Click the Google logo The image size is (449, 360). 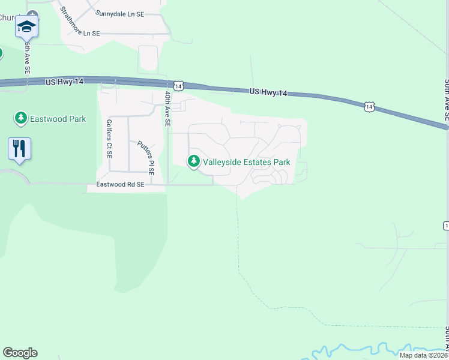coord(20,353)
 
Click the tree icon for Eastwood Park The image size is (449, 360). coord(22,118)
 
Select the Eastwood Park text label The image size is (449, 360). coord(58,119)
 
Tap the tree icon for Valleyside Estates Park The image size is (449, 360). coord(194,161)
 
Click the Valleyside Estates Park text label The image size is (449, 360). coord(247,162)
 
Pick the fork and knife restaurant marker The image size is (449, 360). coord(20,149)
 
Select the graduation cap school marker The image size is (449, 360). coord(26,26)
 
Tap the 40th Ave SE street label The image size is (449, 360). coord(168,109)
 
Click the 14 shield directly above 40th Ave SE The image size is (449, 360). coord(178,86)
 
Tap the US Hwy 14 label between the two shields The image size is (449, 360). coord(268,92)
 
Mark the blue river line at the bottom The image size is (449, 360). coord(372,350)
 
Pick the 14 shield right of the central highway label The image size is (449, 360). coord(368,107)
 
